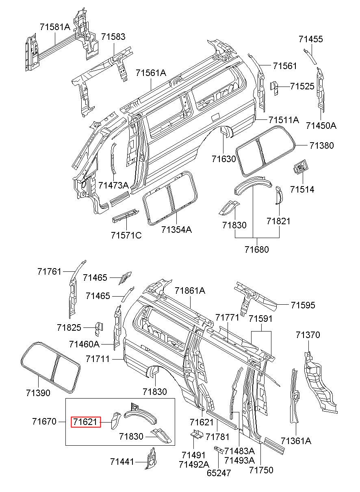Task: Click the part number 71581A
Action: click(x=55, y=27)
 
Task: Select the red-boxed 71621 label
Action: click(x=86, y=422)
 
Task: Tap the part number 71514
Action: click(x=302, y=189)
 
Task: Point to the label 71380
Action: click(x=321, y=145)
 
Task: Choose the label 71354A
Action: click(x=176, y=230)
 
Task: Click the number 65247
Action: click(x=219, y=479)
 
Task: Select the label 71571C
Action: click(x=126, y=236)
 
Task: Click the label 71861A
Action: click(x=190, y=290)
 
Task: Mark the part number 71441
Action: click(x=122, y=462)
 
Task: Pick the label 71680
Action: click(x=257, y=249)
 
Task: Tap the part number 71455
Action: click(x=310, y=39)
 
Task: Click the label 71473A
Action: click(x=113, y=185)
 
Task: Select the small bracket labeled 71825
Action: click(x=99, y=329)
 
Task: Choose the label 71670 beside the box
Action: click(x=44, y=421)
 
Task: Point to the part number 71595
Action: click(x=303, y=305)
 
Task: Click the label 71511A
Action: click(x=284, y=120)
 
